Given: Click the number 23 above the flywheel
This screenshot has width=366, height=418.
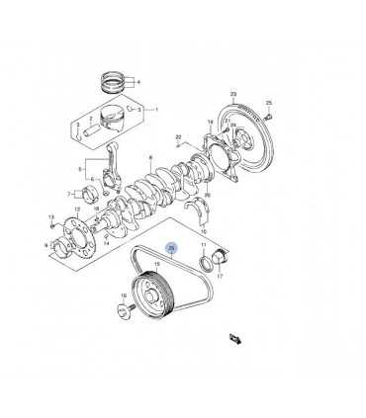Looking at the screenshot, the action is point(233,94).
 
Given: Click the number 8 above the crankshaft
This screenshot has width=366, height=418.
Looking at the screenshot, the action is point(150,156).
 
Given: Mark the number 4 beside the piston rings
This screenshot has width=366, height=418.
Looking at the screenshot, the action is point(138,81).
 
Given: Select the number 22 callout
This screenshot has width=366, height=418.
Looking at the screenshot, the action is point(178,137).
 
